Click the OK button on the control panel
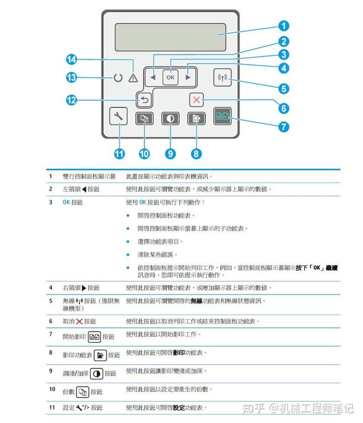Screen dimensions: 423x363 (x=170, y=78)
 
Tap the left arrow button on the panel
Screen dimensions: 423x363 (x=153, y=78)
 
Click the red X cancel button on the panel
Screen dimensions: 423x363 (x=196, y=100)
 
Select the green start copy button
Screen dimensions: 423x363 (x=222, y=117)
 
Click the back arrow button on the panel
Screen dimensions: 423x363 (x=144, y=100)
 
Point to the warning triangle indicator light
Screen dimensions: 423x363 (x=133, y=78)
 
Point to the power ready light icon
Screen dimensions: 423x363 (x=117, y=78)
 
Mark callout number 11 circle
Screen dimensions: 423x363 (x=119, y=153)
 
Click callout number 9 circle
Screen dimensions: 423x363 (x=170, y=153)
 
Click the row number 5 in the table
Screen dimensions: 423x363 (x=50, y=301)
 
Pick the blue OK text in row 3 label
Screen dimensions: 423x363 (x=66, y=202)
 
